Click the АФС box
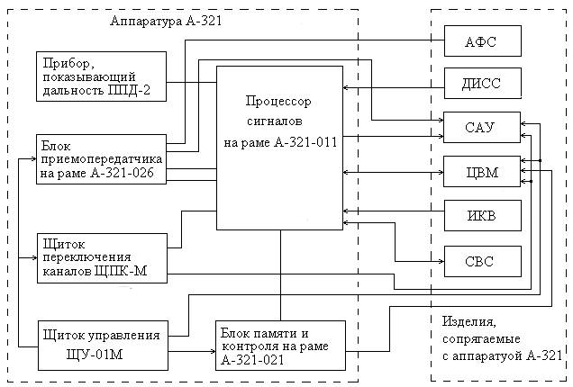(483, 40)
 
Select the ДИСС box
(483, 83)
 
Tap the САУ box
(482, 127)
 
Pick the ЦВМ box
(482, 172)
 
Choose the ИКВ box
(483, 215)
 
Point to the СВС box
(483, 261)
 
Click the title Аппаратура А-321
(166, 21)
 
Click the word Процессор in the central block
(278, 101)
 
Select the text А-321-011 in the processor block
(305, 142)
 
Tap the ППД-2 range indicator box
(101, 76)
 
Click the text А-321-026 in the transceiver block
(122, 173)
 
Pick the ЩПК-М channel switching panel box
(103, 258)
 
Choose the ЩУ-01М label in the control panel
(95, 355)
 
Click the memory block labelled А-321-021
(281, 346)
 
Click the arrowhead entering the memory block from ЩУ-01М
(214, 352)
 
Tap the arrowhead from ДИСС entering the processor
(346, 87)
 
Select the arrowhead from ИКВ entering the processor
(346, 211)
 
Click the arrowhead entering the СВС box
(441, 261)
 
